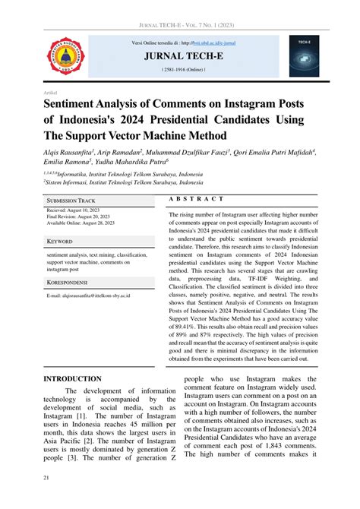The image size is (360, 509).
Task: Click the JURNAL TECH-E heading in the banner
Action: point(180,55)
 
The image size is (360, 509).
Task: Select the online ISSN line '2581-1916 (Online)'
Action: point(180,69)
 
